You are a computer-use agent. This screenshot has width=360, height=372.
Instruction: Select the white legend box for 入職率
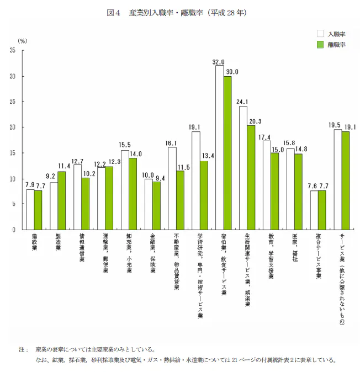(320, 34)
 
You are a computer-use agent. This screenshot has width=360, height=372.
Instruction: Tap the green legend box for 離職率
(320, 45)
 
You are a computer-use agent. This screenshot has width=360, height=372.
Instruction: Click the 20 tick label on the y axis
(12, 127)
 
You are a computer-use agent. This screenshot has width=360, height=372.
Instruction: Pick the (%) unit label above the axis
(23, 41)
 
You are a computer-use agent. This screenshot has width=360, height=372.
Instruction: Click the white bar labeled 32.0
(220, 147)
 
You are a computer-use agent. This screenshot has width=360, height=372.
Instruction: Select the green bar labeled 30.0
(227, 153)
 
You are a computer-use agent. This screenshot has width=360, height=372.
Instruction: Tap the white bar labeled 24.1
(243, 168)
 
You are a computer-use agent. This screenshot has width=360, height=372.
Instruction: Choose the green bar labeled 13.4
(204, 195)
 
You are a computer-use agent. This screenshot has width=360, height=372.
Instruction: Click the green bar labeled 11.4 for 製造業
(62, 201)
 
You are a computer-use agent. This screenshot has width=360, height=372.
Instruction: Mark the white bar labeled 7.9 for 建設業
(30, 210)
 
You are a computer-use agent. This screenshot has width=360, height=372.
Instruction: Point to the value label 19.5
(335, 125)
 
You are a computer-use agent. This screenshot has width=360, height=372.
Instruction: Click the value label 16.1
(171, 143)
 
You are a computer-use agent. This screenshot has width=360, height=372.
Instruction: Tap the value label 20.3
(255, 121)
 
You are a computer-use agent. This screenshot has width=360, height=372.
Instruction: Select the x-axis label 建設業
(34, 242)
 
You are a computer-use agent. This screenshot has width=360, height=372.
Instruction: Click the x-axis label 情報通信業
(82, 248)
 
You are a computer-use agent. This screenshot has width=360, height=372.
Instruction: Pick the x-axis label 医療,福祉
(295, 247)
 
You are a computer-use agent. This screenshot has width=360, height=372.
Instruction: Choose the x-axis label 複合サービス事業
(319, 256)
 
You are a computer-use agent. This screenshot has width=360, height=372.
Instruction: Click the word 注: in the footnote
(24, 350)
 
